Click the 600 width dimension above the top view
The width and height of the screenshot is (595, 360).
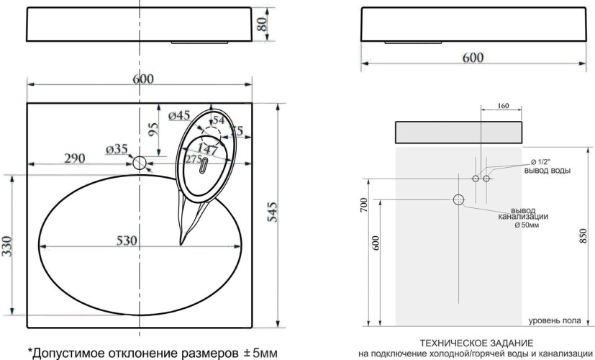pos(142,79)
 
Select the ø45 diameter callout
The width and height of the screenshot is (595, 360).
pos(178,115)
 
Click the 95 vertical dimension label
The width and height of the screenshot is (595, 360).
pos(153,130)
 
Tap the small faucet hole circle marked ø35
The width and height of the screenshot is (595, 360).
pos(139,162)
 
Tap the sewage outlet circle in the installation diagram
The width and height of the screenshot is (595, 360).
pos(458,199)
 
